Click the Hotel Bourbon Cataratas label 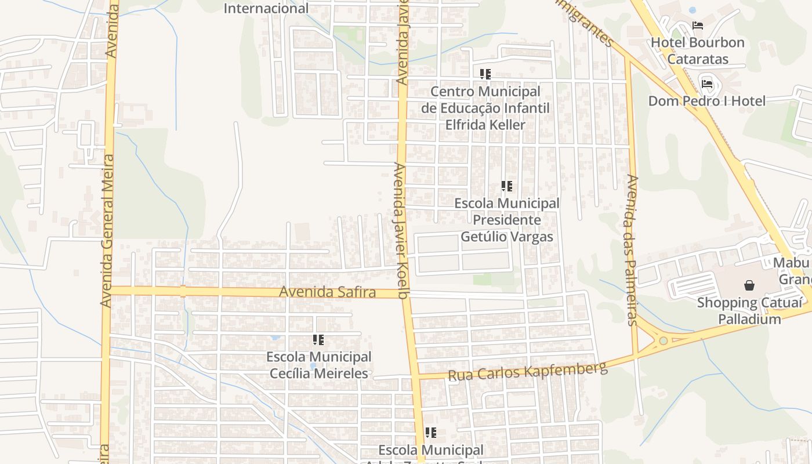click(697, 50)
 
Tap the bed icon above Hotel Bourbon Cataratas click(698, 26)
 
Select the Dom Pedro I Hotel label click(706, 101)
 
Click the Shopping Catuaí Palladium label click(749, 311)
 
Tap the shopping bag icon click(749, 285)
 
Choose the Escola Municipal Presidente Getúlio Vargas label click(506, 220)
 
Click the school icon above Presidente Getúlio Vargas click(507, 186)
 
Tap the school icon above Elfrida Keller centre click(485, 74)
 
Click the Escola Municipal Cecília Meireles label click(319, 365)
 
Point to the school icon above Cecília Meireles click(318, 340)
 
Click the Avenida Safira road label click(327, 292)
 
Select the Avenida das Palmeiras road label click(632, 249)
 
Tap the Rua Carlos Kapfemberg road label click(527, 371)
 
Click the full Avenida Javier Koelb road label click(402, 230)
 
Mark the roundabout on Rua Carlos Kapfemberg click(663, 340)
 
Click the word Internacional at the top click(266, 8)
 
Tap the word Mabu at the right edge click(791, 263)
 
